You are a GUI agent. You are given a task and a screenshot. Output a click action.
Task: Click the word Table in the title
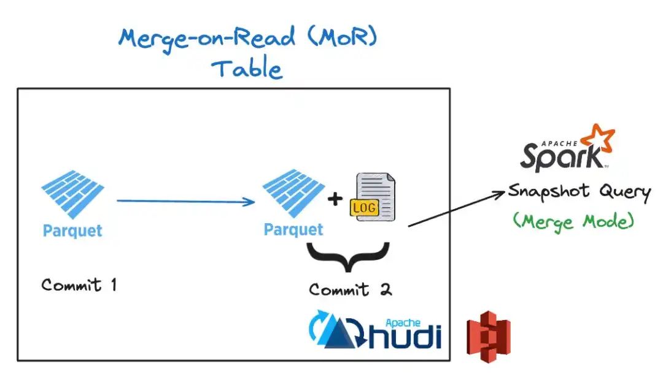pyautogui.click(x=247, y=69)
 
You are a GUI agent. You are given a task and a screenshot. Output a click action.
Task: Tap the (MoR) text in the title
pyautogui.click(x=343, y=37)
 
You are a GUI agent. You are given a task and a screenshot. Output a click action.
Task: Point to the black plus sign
pyautogui.click(x=335, y=199)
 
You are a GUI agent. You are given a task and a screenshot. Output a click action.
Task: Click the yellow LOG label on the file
pyautogui.click(x=364, y=208)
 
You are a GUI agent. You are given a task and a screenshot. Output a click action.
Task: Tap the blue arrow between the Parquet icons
pyautogui.click(x=185, y=201)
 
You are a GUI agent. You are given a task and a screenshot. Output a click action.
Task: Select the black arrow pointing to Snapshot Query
pyautogui.click(x=457, y=208)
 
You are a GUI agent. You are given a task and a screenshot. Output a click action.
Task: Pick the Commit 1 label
pyautogui.click(x=79, y=285)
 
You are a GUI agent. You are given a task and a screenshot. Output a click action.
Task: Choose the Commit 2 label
pyautogui.click(x=351, y=289)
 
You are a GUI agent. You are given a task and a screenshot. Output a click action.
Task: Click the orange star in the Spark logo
pyautogui.click(x=598, y=137)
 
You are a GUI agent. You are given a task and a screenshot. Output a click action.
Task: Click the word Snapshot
pyautogui.click(x=549, y=191)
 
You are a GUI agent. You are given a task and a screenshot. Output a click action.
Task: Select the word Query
pyautogui.click(x=625, y=192)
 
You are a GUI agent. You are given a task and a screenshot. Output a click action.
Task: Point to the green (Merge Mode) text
pyautogui.click(x=573, y=221)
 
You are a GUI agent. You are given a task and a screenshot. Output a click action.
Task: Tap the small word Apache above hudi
pyautogui.click(x=403, y=323)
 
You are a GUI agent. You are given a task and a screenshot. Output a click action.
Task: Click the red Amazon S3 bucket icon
pyautogui.click(x=489, y=337)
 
